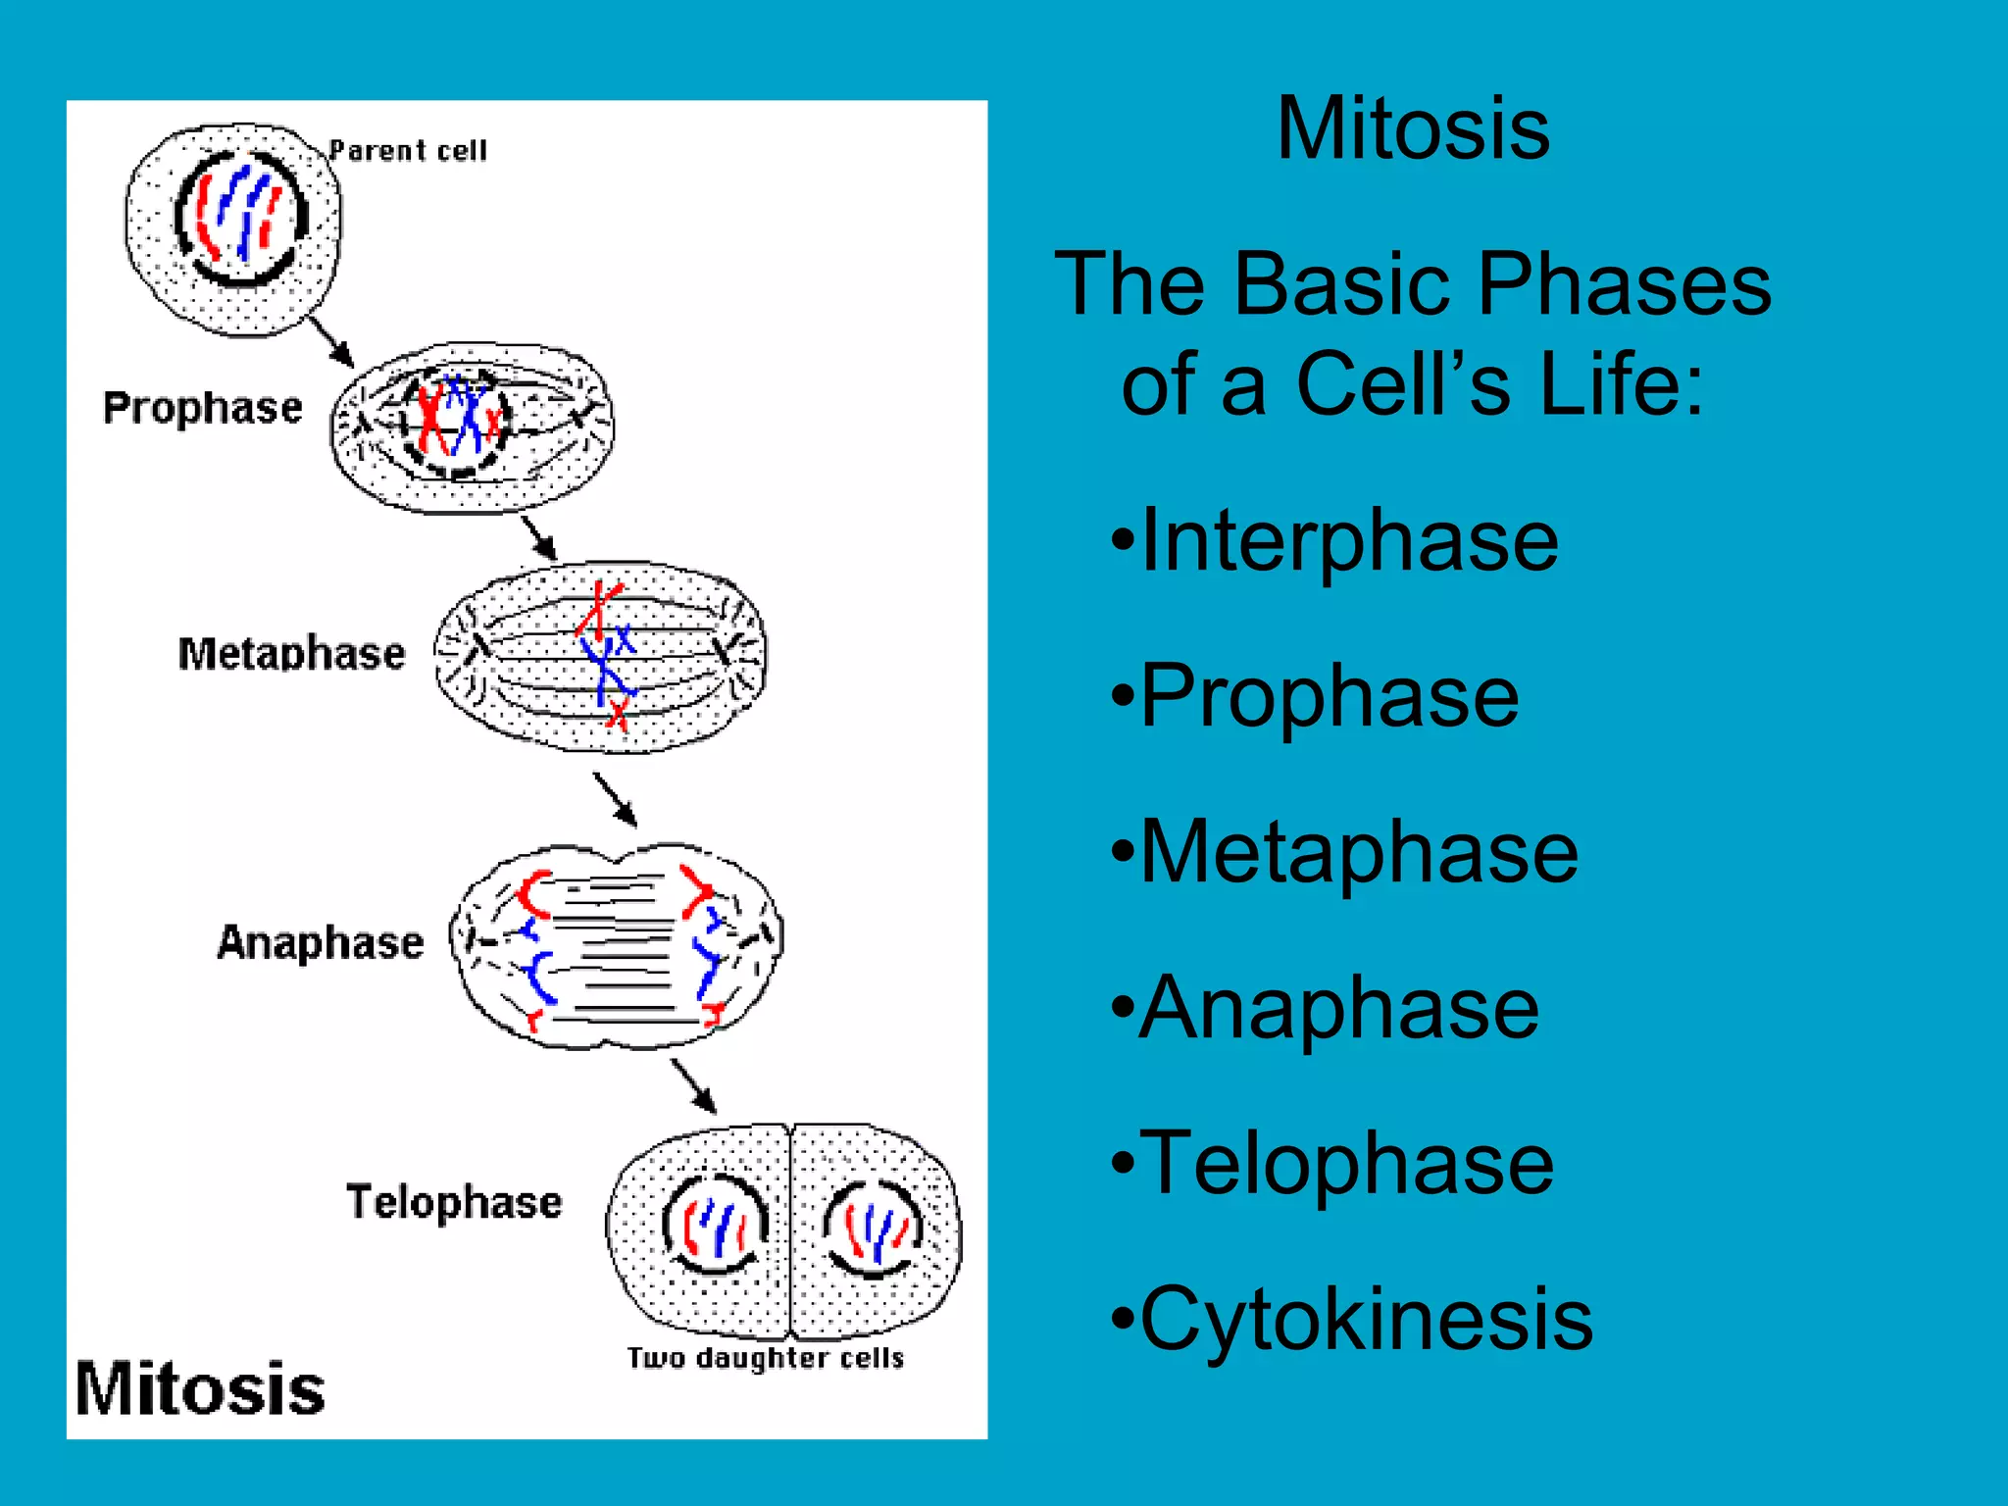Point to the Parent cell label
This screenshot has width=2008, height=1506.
407,151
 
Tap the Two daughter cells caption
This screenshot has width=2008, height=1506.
765,1358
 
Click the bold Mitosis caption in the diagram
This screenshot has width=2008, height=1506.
200,1389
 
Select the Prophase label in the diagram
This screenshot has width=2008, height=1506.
203,408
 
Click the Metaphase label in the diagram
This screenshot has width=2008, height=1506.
291,654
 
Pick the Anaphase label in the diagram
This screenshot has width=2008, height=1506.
320,942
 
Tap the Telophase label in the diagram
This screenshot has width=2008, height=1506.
454,1202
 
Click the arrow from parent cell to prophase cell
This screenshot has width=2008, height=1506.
331,341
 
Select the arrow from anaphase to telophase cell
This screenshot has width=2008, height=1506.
693,1085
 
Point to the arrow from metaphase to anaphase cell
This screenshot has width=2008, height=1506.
616,799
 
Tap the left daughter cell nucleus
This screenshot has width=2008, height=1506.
716,1226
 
